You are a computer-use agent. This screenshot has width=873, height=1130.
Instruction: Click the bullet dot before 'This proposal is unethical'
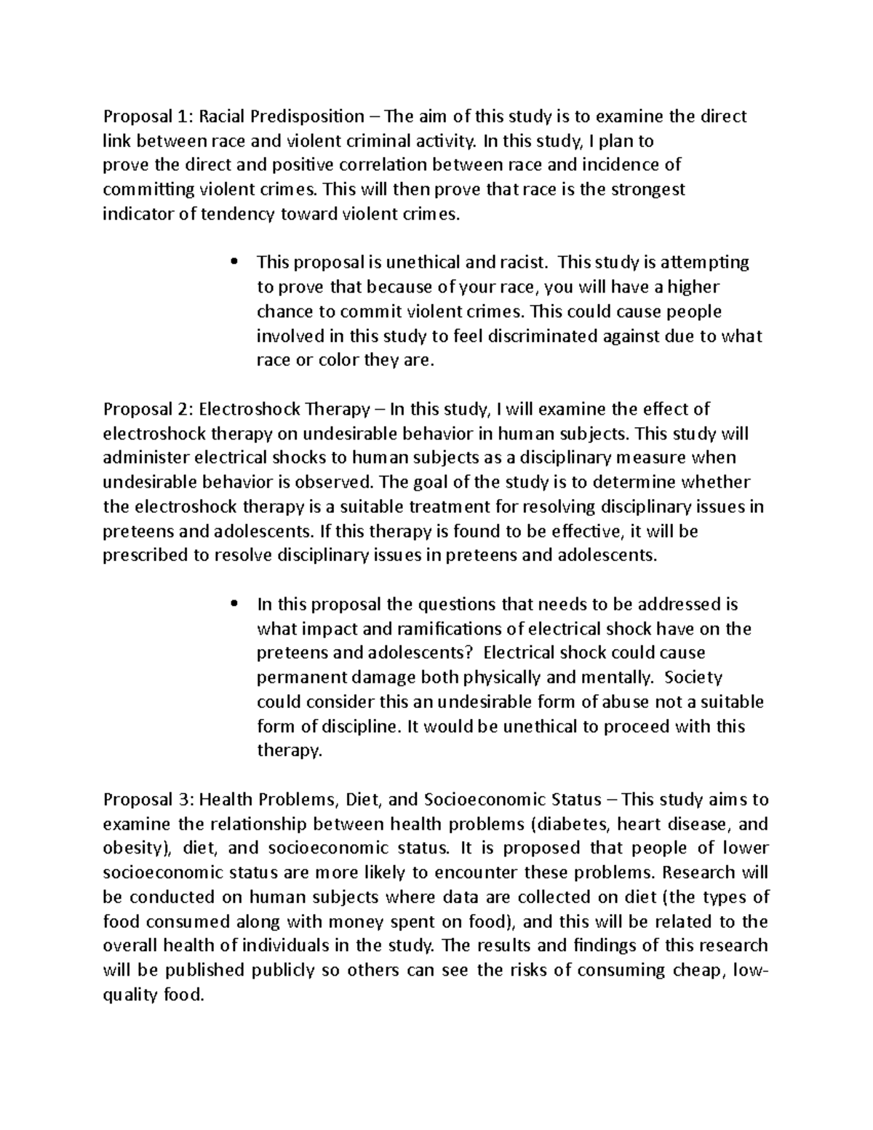(x=234, y=262)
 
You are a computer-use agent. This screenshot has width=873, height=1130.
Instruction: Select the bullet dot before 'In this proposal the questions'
(x=234, y=604)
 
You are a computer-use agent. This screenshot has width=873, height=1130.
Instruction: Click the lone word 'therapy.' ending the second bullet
(x=289, y=750)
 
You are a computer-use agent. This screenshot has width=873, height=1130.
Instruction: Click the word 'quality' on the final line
(x=129, y=995)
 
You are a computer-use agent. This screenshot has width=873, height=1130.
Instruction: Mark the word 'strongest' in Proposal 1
(x=649, y=190)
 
